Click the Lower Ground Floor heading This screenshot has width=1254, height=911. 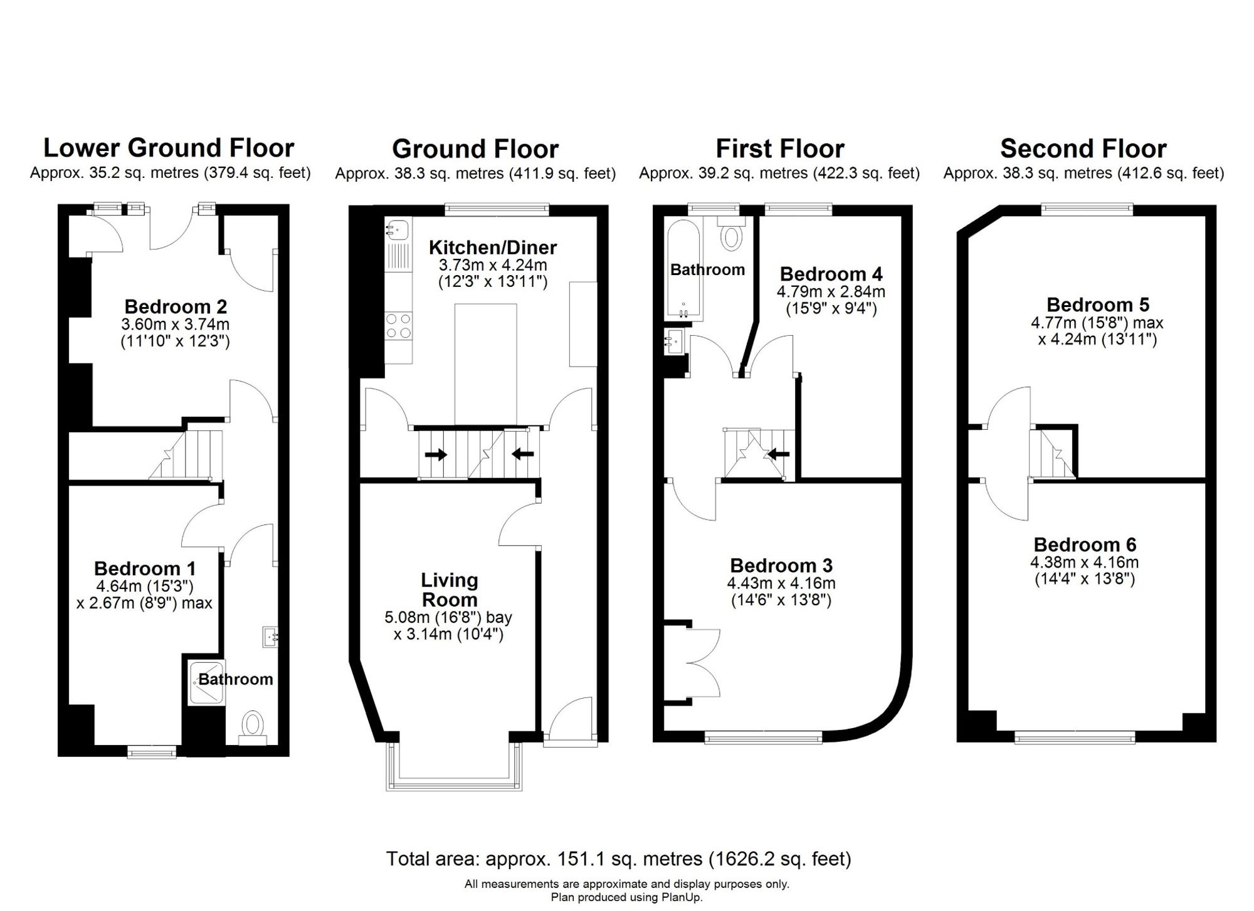coord(169,148)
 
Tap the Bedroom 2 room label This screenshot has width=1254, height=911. coord(176,306)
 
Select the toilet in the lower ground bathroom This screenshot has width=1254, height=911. coord(253,727)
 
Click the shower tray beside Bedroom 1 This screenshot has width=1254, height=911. coord(206,682)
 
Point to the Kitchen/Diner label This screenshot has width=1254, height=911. coord(493,247)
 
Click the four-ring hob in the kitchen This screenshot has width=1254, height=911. coord(399,326)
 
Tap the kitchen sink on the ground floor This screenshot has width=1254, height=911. coord(398,229)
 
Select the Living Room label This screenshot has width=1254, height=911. coord(450,590)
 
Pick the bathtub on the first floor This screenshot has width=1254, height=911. coord(683,269)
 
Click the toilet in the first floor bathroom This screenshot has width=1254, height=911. coord(731,233)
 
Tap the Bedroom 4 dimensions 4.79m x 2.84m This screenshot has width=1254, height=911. coord(831,291)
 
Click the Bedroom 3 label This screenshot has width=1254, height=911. coord(781,565)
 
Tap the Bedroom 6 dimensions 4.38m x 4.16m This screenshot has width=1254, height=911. coord(1085,562)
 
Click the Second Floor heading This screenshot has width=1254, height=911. coord(1083,148)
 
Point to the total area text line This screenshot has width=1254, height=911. coord(619,858)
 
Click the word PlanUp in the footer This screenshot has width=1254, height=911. coord(682,897)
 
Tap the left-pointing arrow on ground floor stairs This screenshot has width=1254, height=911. coord(522,454)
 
